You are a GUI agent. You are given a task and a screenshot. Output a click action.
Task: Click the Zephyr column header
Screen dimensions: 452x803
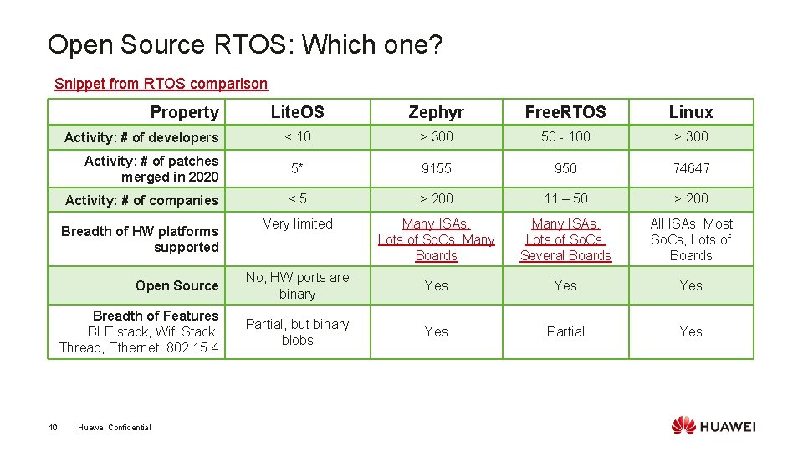(x=436, y=112)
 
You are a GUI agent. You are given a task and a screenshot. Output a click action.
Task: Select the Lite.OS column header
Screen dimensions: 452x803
(x=297, y=112)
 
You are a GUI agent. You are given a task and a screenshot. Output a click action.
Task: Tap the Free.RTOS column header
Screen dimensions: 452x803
(x=565, y=112)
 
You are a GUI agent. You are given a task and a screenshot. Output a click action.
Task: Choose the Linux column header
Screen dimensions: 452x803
(x=691, y=112)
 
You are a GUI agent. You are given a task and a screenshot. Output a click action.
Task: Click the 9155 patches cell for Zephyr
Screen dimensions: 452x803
(x=436, y=168)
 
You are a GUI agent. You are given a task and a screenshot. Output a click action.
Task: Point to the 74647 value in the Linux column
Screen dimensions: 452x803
(x=691, y=168)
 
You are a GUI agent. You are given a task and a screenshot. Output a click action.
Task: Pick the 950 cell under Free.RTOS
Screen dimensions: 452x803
(x=565, y=168)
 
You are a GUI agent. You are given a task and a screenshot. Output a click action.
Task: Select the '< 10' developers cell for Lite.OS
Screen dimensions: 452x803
(x=297, y=136)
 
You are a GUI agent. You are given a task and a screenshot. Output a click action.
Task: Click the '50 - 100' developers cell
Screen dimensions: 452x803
(x=565, y=136)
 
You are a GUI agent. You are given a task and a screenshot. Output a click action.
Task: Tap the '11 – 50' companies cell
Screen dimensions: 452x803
(x=565, y=198)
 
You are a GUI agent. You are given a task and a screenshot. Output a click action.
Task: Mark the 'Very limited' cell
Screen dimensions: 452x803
(x=297, y=223)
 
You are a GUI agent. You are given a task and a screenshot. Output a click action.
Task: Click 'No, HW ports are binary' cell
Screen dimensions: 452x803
(x=297, y=285)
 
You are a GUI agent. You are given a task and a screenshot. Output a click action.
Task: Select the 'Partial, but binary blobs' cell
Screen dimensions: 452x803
(x=297, y=332)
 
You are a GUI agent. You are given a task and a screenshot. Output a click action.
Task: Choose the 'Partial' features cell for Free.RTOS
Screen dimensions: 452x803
(x=565, y=331)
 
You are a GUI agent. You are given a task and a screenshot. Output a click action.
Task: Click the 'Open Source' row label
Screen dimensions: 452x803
(x=176, y=285)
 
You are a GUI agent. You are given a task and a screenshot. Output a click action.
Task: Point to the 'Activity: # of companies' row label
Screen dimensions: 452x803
(x=141, y=200)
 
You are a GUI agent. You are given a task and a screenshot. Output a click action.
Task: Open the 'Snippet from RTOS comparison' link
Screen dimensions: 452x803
(x=161, y=84)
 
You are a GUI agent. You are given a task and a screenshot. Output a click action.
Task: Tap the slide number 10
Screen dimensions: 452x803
(x=53, y=428)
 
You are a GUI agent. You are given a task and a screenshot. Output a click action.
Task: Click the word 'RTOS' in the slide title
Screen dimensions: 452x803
(x=251, y=44)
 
